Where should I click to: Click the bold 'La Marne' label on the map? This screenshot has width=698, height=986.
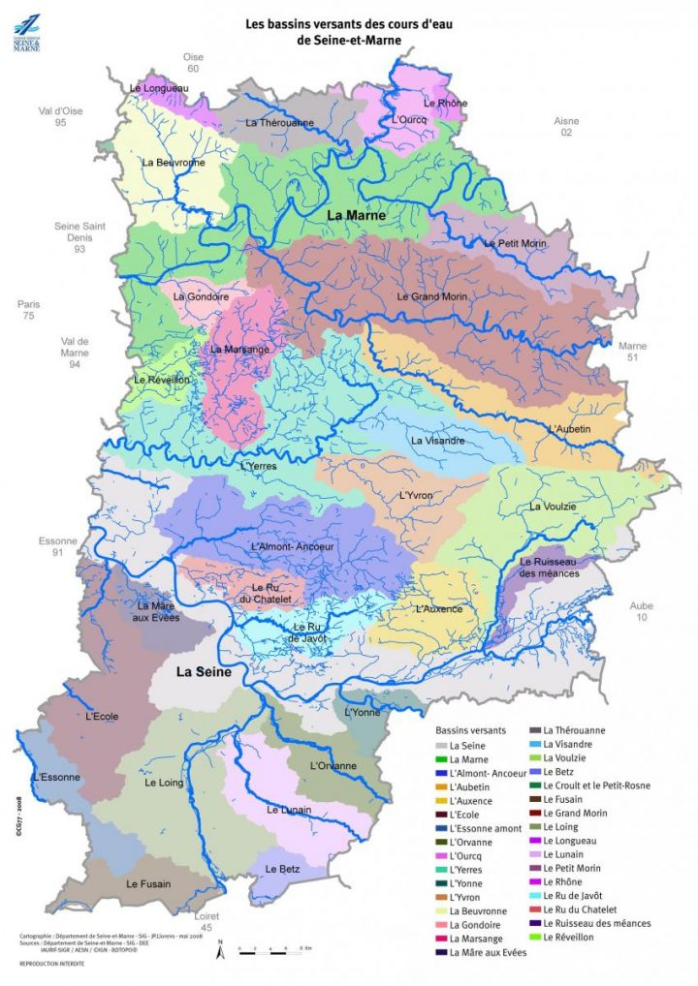pyautogui.click(x=356, y=215)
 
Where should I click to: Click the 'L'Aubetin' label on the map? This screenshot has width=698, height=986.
pyautogui.click(x=569, y=429)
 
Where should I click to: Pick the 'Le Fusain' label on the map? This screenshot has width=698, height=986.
pyautogui.click(x=148, y=883)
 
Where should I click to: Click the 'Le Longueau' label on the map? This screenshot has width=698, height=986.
pyautogui.click(x=158, y=88)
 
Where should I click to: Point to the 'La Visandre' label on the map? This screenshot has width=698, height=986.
pyautogui.click(x=438, y=441)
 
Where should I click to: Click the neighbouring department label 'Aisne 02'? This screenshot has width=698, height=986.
pyautogui.click(x=566, y=127)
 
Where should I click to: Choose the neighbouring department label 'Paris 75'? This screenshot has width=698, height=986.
pyautogui.click(x=28, y=310)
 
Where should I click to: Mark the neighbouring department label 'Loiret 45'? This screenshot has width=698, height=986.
pyautogui.click(x=206, y=919)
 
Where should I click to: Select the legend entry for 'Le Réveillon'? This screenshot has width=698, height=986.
pyautogui.click(x=570, y=938)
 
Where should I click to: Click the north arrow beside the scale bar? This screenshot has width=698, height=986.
pyautogui.click(x=221, y=950)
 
